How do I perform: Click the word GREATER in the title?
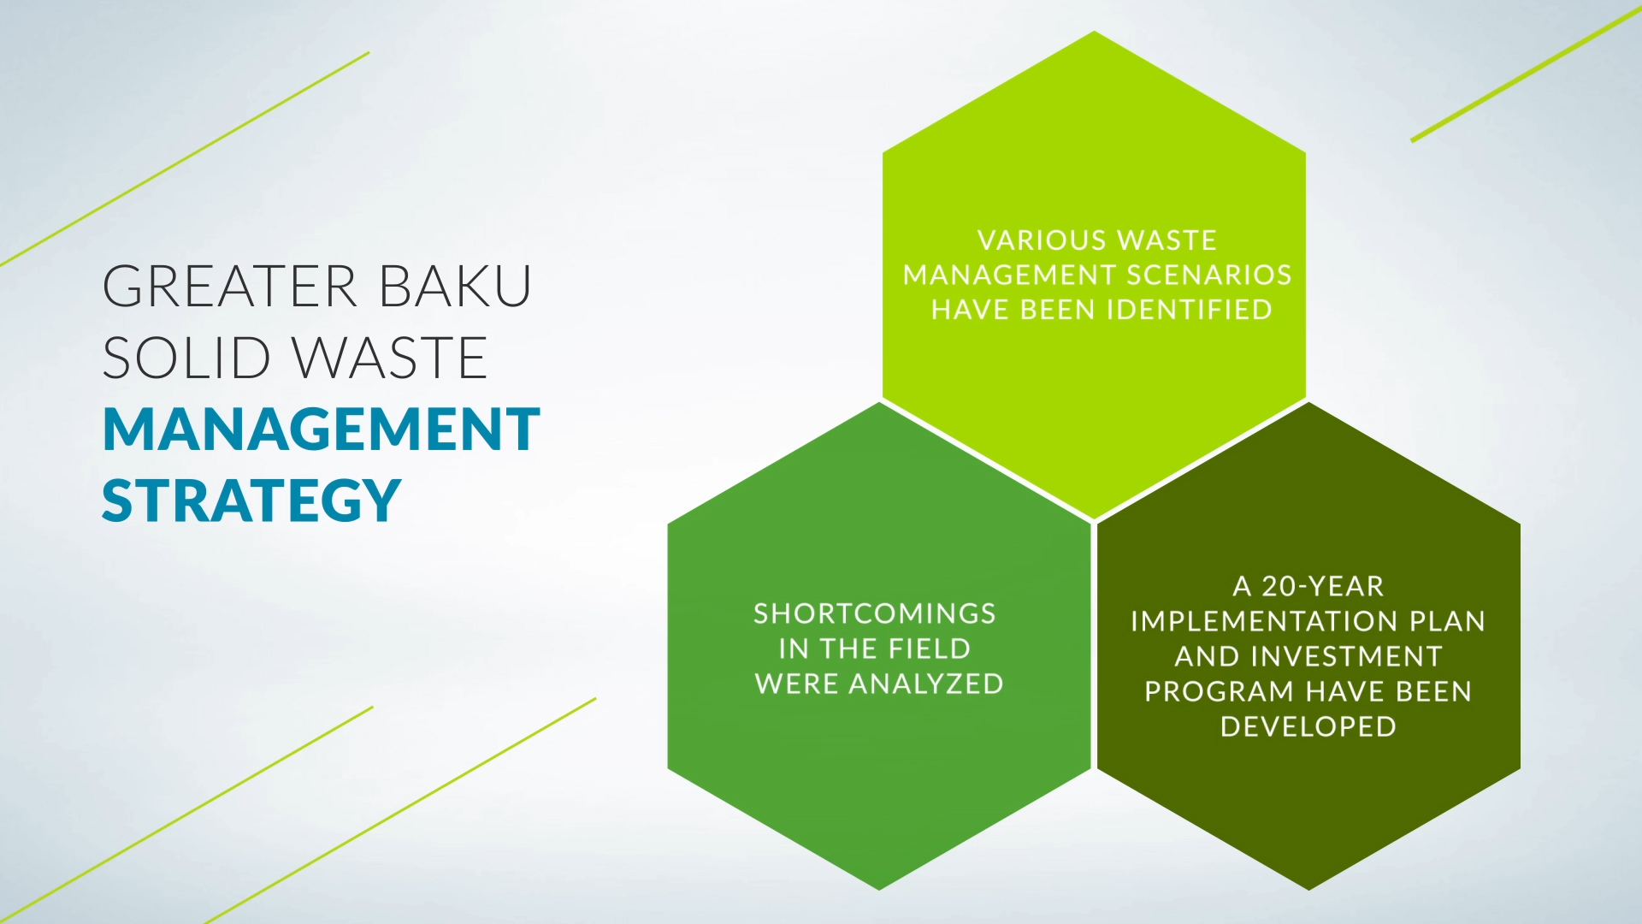229,286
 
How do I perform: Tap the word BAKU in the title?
455,286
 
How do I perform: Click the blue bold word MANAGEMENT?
321,429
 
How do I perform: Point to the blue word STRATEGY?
251,500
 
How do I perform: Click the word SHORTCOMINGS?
875,613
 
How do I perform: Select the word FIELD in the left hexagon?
930,649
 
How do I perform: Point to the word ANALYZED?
926,684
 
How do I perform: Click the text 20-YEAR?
1323,586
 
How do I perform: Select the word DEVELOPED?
1308,726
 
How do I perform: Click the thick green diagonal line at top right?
1526,74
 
